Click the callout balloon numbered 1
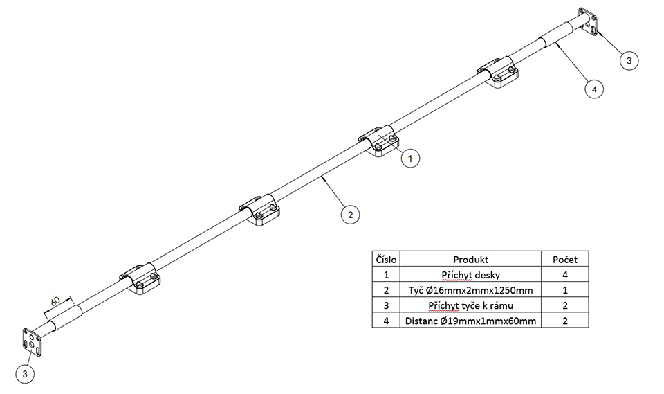coord(409,159)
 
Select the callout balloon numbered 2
coord(351,215)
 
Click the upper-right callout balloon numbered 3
coord(629,61)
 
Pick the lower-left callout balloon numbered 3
coord(26,375)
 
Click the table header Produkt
coord(472,259)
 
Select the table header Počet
coord(564,259)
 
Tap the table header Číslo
coord(386,259)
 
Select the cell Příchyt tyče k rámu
coord(472,305)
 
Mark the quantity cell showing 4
coord(564,274)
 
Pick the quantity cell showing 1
coord(564,290)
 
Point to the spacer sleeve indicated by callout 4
coord(555,35)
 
